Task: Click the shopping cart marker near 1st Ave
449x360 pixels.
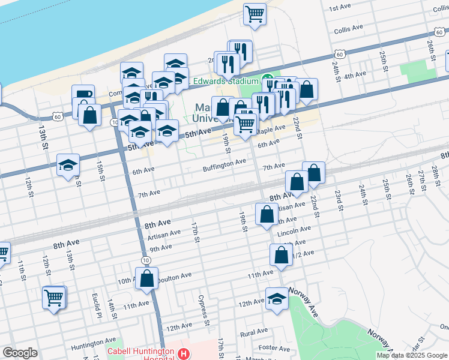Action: (x=255, y=14)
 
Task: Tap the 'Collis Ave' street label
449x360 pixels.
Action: (x=349, y=28)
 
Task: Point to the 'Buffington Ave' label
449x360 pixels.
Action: (x=224, y=161)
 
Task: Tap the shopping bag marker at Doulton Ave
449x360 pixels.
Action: (x=146, y=278)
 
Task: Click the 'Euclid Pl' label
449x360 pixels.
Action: (x=95, y=307)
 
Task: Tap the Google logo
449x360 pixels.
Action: (x=20, y=353)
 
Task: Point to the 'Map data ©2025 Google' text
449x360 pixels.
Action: (x=411, y=355)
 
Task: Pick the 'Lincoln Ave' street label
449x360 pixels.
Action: (x=295, y=229)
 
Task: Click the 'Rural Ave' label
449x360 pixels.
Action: (x=253, y=332)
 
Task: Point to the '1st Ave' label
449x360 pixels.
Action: (x=340, y=7)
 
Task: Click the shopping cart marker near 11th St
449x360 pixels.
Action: (x=53, y=296)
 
